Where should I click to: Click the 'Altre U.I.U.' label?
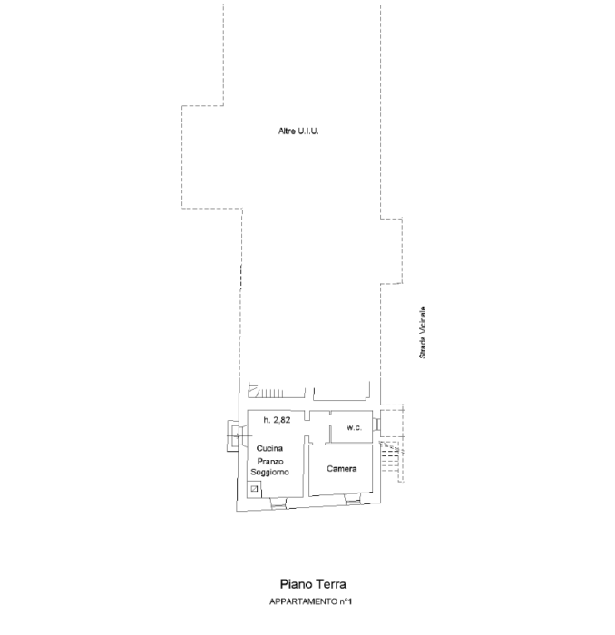click(x=298, y=132)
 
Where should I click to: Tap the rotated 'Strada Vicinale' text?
click(x=423, y=332)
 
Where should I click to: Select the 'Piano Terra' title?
click(x=313, y=584)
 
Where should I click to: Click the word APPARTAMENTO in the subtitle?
click(x=303, y=601)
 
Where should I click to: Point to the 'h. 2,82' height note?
click(x=277, y=420)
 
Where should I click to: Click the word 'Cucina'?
click(x=269, y=448)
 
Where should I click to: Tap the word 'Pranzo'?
click(x=270, y=461)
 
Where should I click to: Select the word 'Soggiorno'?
click(x=269, y=473)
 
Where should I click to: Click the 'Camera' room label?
click(x=342, y=469)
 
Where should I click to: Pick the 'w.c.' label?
click(x=355, y=427)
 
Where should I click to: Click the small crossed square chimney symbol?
click(x=254, y=489)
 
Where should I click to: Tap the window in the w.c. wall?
click(x=376, y=425)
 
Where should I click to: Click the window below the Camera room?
click(x=353, y=500)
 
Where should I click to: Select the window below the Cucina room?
click(x=278, y=503)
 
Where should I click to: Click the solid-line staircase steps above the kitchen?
click(x=277, y=391)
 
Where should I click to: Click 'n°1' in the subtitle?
click(x=346, y=601)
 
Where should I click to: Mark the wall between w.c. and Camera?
click(x=349, y=444)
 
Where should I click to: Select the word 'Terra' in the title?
click(x=331, y=584)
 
